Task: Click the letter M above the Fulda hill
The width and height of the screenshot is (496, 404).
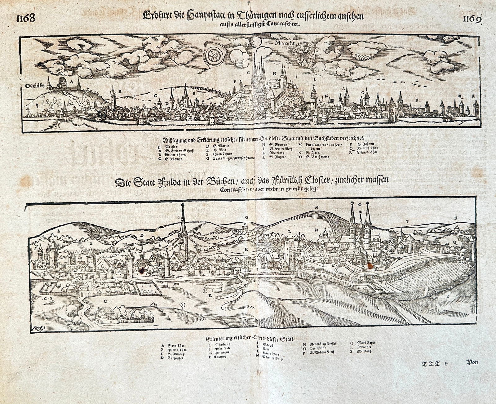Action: [317, 207]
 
